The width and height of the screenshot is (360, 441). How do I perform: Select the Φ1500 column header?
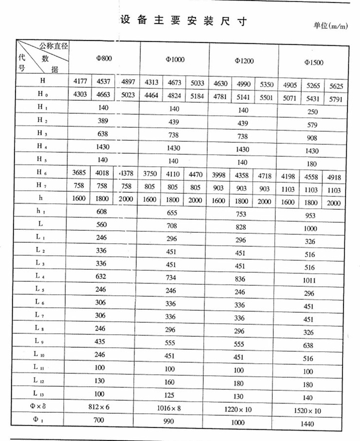pos(313,62)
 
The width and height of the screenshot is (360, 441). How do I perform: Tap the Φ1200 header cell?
pos(244,61)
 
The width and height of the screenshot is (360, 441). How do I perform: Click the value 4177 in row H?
pos(80,81)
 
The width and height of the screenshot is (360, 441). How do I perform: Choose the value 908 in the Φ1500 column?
pos(311,138)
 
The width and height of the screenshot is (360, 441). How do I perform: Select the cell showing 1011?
pos(309,280)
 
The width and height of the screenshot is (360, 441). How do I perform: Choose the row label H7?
pos(40,184)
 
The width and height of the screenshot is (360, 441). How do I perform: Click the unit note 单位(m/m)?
pos(332,26)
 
